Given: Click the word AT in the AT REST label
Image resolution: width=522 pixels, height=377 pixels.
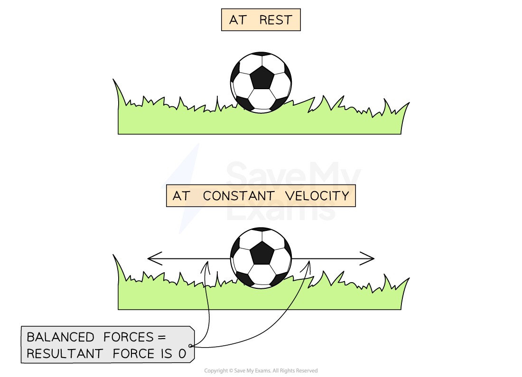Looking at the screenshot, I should tap(237, 20).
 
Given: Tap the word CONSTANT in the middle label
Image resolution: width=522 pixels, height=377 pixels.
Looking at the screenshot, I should tap(239, 196).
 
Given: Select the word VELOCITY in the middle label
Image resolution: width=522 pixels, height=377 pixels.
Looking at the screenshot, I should tap(317, 196).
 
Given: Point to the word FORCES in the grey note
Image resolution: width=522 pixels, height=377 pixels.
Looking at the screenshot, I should tap(123, 337).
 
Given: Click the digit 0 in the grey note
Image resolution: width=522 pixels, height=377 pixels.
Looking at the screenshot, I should tap(183, 354).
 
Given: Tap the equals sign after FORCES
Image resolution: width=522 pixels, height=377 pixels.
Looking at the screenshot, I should tap(162, 338).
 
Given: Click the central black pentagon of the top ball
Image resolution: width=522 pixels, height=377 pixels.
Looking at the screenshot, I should tap(261, 77).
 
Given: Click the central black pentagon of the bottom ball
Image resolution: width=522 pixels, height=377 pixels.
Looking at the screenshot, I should tap(261, 252).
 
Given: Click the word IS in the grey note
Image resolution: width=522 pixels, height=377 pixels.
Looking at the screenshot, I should tap(164, 354).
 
